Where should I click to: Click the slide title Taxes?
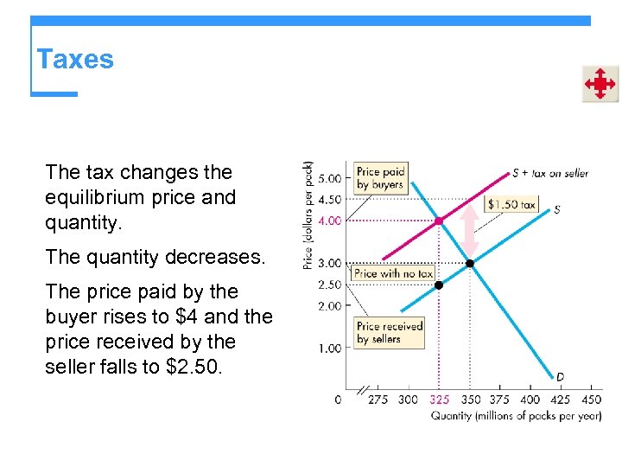coord(75,60)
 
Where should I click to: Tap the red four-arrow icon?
coord(600,84)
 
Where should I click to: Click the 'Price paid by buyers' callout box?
coord(381,178)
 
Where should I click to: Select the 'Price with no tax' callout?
coord(394,273)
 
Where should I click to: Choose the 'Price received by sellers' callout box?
coord(389,332)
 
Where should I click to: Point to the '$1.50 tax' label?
coord(511,205)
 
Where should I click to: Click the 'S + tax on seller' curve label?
coord(550,173)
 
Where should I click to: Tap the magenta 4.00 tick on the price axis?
coord(330,221)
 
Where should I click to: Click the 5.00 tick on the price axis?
coord(330,179)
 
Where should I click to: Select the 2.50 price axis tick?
coord(330,285)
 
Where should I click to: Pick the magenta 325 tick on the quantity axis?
coord(439,400)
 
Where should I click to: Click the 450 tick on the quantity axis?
coord(591,400)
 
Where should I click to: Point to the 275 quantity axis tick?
coord(378,400)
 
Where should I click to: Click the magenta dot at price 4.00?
coord(438,221)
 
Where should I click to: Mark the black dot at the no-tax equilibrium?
coord(470,263)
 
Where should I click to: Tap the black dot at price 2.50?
coord(438,285)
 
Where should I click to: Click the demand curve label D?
coord(560,376)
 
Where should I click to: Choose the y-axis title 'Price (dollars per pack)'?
coord(308,214)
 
